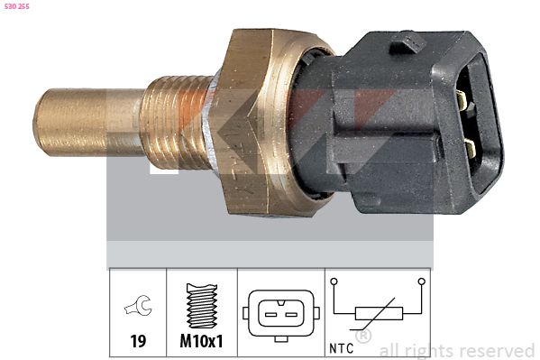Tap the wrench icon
click(138, 309)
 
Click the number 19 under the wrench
click(138, 342)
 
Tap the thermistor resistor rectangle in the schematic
click(378, 313)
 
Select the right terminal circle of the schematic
click(420, 282)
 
